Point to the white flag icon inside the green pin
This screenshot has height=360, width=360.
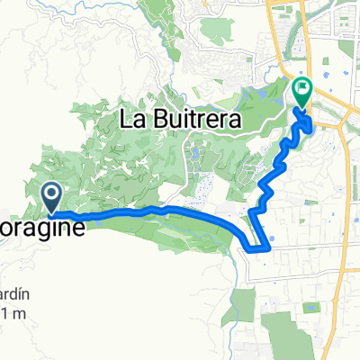tap(302, 89)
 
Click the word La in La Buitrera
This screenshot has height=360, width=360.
tap(133, 119)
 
